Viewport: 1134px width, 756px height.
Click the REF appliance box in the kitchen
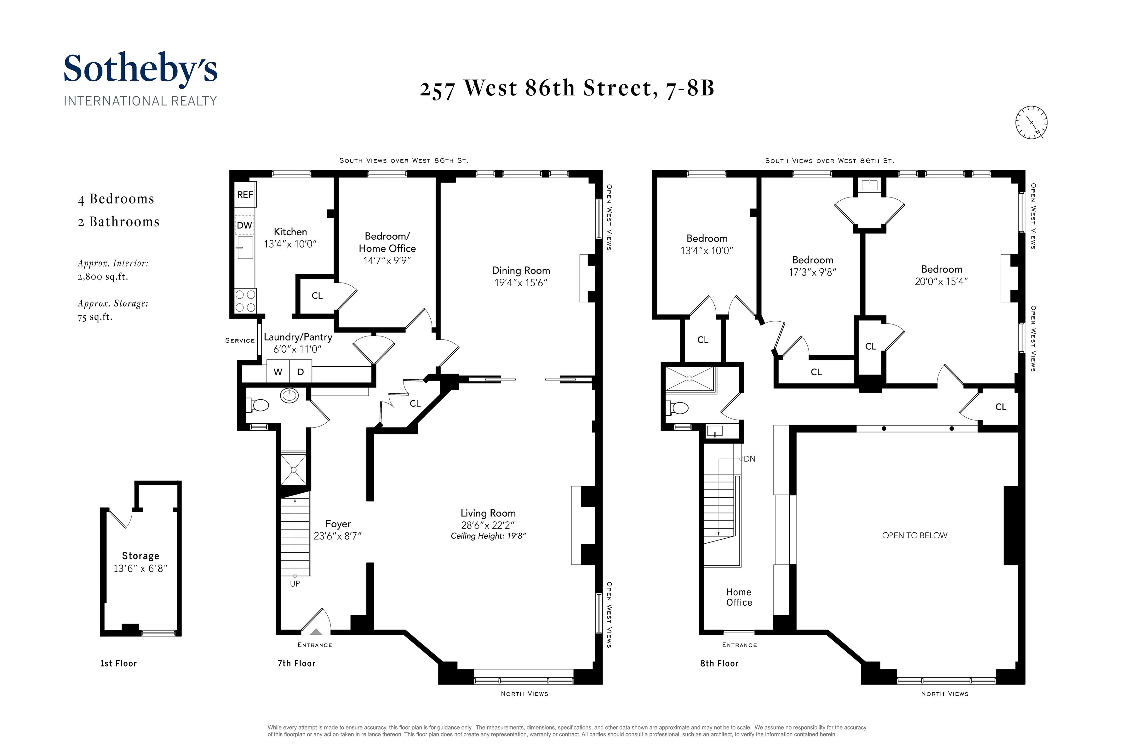coord(245,194)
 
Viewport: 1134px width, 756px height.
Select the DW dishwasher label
coord(244,225)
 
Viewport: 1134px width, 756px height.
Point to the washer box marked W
coord(278,372)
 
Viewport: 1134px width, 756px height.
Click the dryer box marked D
coord(301,372)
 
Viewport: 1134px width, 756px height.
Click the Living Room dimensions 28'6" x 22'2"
coord(488,525)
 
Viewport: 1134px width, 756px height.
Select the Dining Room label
coord(521,271)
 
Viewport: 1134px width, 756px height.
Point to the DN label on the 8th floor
coord(749,459)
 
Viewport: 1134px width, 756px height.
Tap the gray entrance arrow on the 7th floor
coord(316,632)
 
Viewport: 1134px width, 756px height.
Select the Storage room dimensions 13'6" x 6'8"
coord(140,569)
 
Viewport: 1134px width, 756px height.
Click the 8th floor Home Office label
coord(739,597)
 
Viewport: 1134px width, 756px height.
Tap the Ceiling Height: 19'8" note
coord(488,536)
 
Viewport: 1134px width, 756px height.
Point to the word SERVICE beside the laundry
coord(240,341)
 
